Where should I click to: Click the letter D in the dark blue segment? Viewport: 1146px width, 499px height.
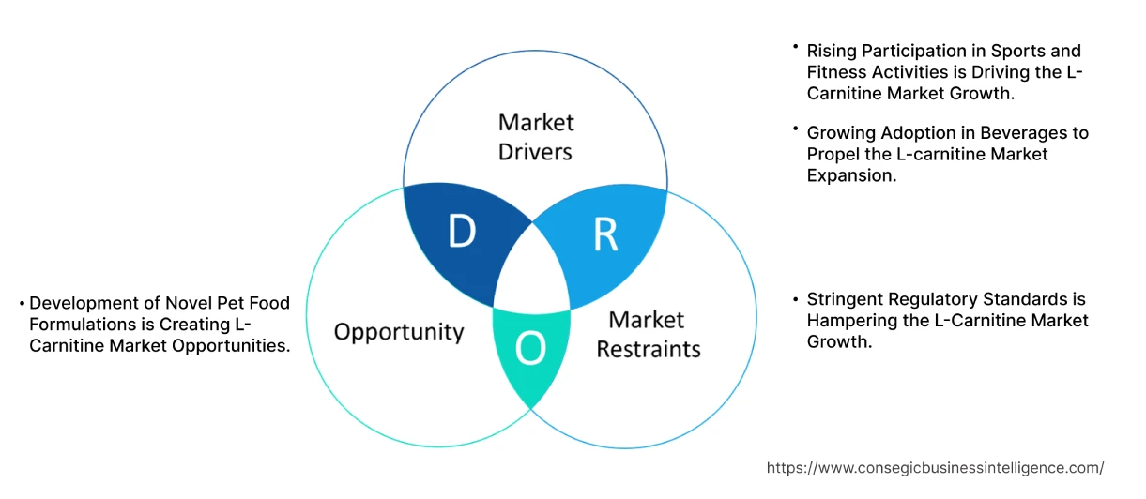pos(461,234)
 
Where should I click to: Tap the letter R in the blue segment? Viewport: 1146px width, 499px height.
pos(605,236)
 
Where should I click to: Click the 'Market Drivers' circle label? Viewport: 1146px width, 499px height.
pos(535,136)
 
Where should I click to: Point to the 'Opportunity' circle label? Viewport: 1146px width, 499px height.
pos(399,331)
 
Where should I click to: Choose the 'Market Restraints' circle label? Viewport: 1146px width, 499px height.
pos(648,334)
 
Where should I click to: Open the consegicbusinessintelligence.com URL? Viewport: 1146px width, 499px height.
pos(935,467)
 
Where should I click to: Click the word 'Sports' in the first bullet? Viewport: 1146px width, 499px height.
pos(983,51)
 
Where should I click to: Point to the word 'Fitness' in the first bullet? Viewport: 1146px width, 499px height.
pos(837,71)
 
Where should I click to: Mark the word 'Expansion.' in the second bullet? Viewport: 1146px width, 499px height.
pos(851,174)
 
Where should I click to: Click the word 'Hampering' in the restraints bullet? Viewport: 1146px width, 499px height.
pos(850,321)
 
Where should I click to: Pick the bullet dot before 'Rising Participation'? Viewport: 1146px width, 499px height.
pos(796,46)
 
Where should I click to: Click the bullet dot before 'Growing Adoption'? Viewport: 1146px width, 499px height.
pos(796,129)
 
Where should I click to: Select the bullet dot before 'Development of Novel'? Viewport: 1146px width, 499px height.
pos(22,303)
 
